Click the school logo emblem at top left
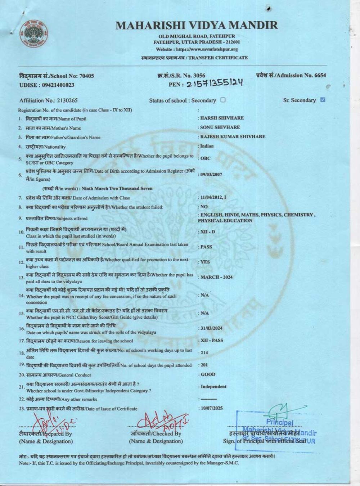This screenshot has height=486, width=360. tap(36, 35)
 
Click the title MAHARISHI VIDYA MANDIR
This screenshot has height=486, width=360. tap(197, 25)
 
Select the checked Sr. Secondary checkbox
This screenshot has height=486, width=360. tap(323, 100)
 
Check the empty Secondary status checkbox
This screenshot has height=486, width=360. tap(223, 100)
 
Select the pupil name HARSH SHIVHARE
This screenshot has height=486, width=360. tap(222, 118)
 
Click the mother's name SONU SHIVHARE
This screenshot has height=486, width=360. tap(220, 127)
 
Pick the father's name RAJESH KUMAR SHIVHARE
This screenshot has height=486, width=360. tap(233, 136)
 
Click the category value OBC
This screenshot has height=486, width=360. tap(205, 158)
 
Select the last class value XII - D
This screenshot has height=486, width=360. tap(207, 231)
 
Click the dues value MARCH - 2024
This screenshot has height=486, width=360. tap(216, 277)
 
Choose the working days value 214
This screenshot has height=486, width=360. tap(204, 352)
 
